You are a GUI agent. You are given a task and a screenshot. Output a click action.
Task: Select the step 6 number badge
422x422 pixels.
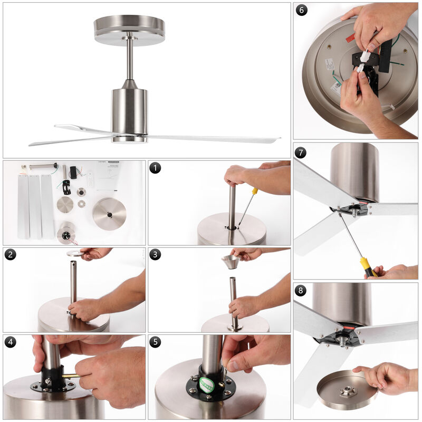(301, 10)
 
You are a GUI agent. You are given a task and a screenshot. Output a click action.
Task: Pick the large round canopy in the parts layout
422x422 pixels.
(109, 214)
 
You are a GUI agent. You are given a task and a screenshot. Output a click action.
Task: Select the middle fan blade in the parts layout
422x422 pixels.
(35, 206)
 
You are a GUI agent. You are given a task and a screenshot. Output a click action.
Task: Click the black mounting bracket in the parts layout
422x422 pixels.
(66, 187)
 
